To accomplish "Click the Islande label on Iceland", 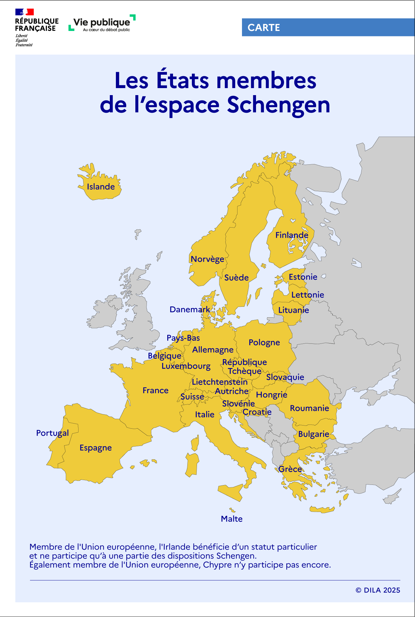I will tap(101, 187).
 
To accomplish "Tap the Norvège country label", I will tap(207, 259).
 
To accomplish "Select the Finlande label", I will tap(292, 235).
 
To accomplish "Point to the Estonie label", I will tap(303, 277).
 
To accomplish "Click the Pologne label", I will tap(264, 342).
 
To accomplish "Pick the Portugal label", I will tap(52, 433).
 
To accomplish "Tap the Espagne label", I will tap(95, 448).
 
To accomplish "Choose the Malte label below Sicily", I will tap(231, 519).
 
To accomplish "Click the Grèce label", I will tap(290, 469).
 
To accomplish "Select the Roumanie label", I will tap(309, 408).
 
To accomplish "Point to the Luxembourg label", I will tap(186, 366).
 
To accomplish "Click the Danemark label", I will tap(190, 310).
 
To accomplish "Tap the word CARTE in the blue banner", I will tap(264, 28).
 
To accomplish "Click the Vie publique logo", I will tap(102, 23).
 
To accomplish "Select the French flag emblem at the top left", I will tap(25, 12).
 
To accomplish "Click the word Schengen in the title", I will tap(278, 105).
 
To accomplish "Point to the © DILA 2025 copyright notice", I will tap(378, 590).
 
